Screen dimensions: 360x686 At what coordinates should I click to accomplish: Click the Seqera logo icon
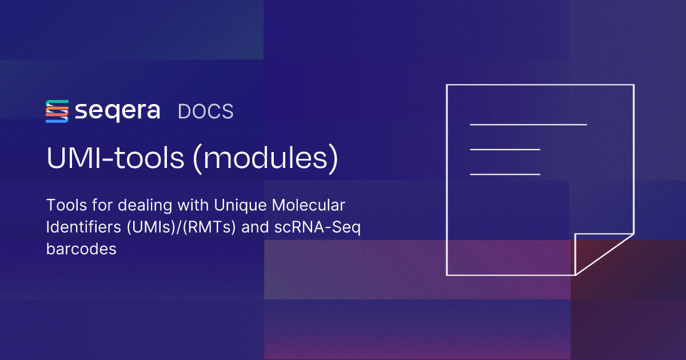[x=57, y=111]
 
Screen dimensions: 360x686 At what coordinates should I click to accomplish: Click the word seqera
[x=118, y=111]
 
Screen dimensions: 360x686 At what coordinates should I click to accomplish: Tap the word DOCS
[x=206, y=111]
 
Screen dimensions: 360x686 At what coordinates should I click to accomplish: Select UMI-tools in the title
[x=115, y=159]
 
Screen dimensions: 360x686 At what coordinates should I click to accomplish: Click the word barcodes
[x=81, y=249]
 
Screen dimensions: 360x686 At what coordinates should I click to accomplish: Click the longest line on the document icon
[x=528, y=124]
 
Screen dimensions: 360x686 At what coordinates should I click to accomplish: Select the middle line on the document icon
[x=505, y=149]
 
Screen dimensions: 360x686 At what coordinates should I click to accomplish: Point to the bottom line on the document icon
[x=505, y=174]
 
